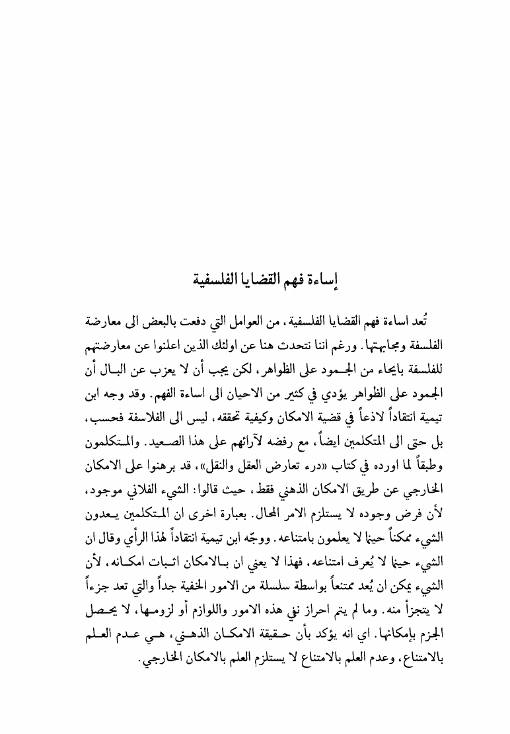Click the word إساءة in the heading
322,278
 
